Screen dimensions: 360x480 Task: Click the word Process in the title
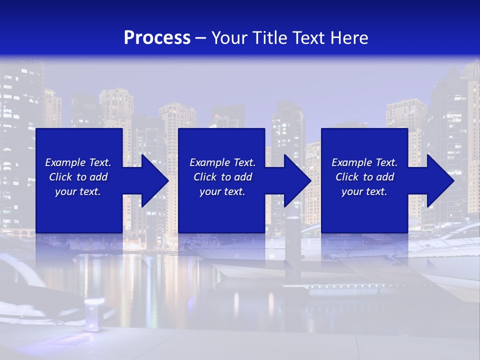tap(157, 38)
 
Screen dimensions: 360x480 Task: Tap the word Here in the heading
tap(349, 38)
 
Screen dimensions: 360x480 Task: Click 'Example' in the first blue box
tap(65, 162)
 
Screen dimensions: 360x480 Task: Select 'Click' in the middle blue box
tap(204, 177)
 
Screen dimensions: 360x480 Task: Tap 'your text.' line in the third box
tap(364, 191)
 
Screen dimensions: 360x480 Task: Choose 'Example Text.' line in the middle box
tap(222, 162)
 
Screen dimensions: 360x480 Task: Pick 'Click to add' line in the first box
tap(78, 177)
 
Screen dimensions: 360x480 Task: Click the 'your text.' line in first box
tap(78, 191)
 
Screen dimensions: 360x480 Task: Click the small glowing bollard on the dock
tap(92, 315)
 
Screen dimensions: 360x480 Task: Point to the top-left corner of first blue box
tap(36, 129)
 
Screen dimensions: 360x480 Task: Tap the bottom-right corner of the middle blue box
tap(264, 232)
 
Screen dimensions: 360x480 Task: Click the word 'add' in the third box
tap(385, 177)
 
